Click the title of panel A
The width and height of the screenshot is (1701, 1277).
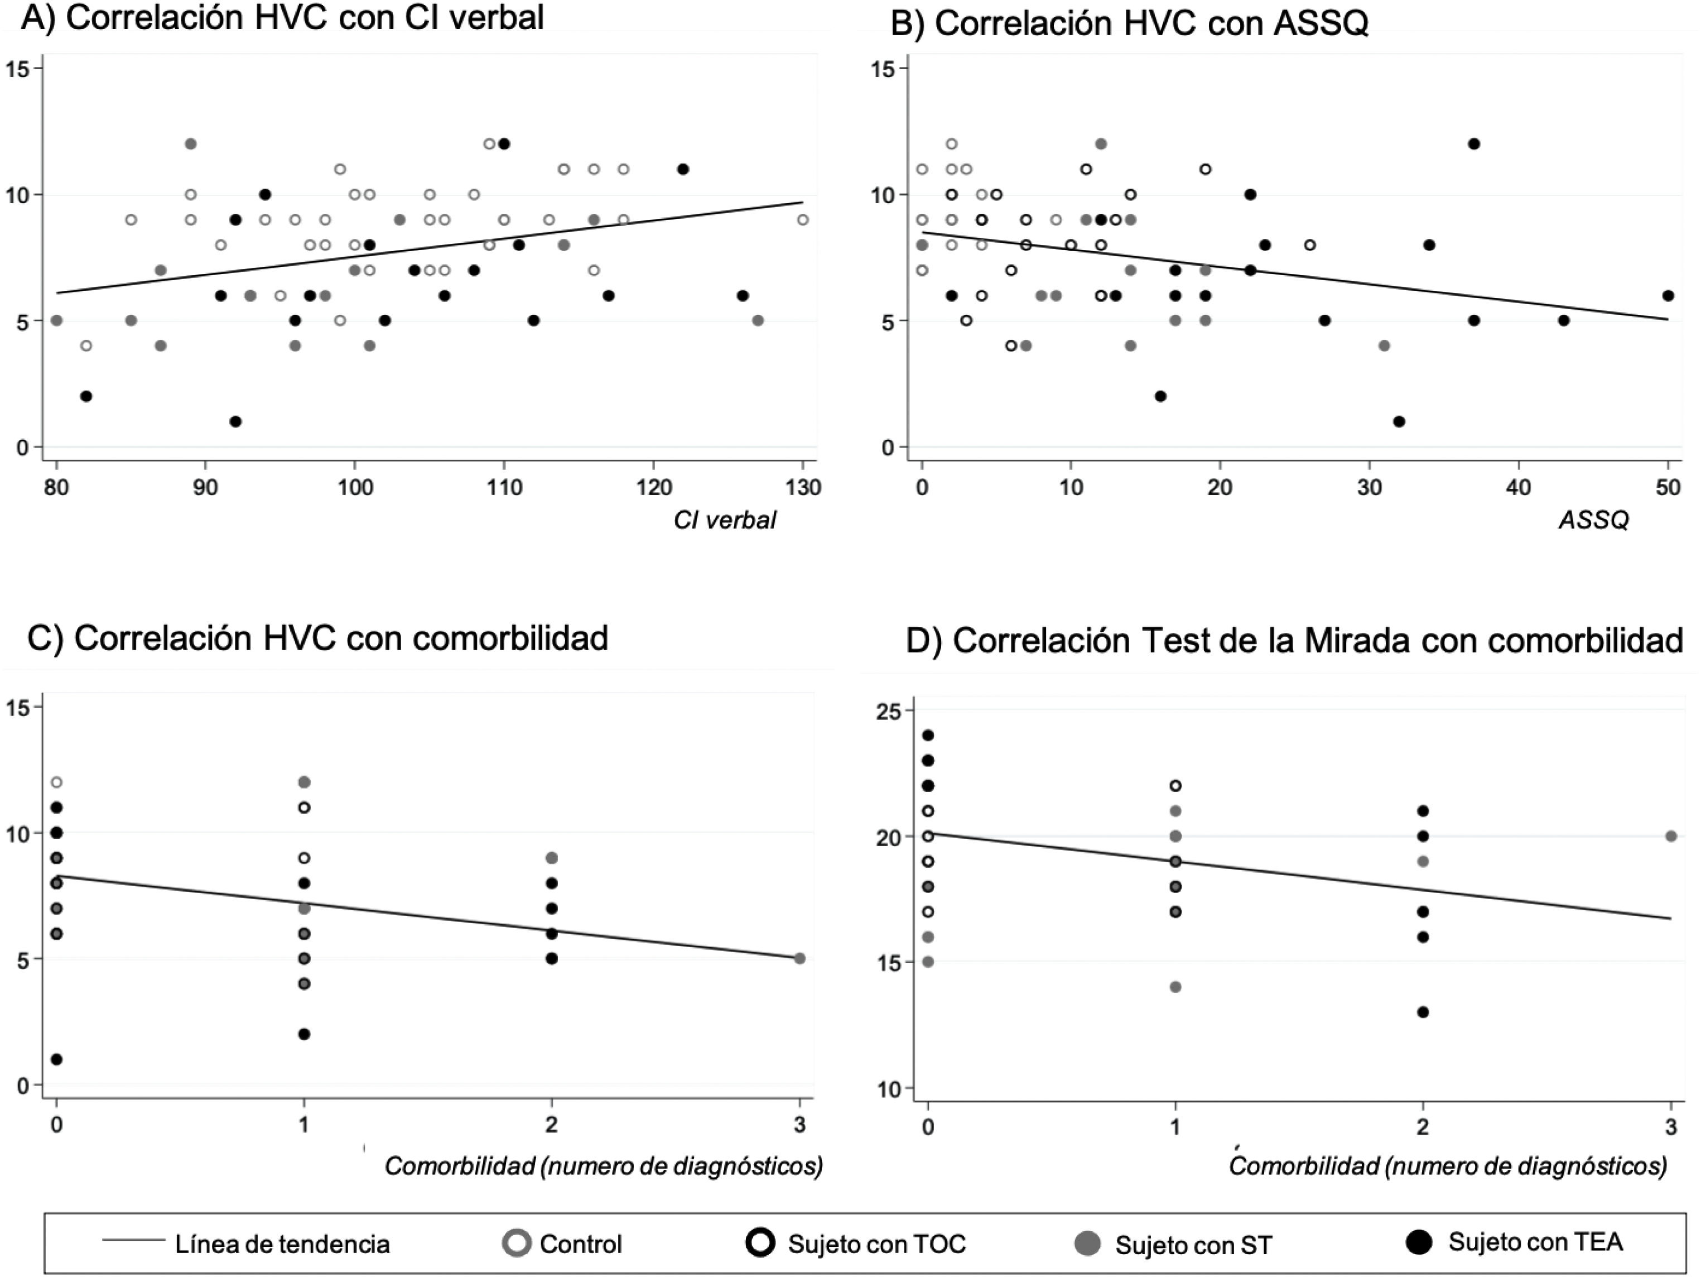282,18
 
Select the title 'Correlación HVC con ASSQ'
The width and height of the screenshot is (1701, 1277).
1129,24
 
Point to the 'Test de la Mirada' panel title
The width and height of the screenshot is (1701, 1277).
1294,641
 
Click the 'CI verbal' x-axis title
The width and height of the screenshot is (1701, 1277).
724,521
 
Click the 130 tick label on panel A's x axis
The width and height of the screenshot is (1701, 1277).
803,488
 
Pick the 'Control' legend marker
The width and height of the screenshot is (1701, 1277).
517,1244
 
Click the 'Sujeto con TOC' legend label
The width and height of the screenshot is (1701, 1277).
876,1244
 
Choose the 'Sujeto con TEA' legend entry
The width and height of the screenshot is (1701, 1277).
1535,1242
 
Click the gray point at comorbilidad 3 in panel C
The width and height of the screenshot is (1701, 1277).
800,958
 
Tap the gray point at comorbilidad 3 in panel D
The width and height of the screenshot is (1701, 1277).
1671,836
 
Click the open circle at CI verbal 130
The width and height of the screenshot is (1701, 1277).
803,220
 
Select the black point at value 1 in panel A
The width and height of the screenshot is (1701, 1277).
235,421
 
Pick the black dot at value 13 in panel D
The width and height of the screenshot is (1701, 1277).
1423,1012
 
